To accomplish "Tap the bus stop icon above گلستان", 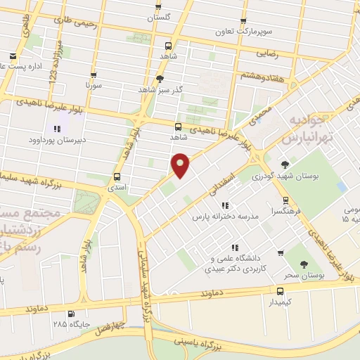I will [158, 6].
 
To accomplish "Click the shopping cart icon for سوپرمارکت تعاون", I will [243, 22].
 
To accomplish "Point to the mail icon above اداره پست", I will [12, 56].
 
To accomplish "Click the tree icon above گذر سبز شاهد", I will [160, 79].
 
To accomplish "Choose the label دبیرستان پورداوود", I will [56, 139].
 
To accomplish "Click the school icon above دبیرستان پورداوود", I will [57, 129].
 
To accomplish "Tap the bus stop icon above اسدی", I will [117, 177].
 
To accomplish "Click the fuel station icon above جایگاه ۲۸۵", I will [70, 314].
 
